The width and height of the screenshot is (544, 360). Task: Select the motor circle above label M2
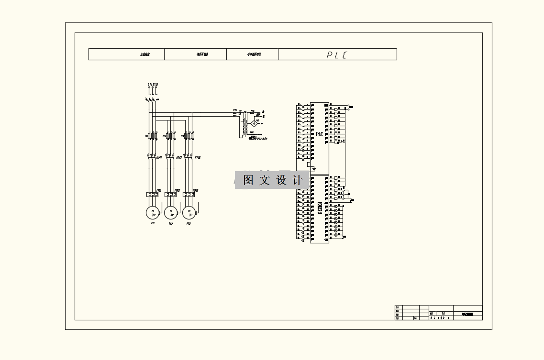pyautogui.click(x=170, y=212)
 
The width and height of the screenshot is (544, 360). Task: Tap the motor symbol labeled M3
pyautogui.click(x=189, y=212)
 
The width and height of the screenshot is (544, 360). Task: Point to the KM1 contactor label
pyautogui.click(x=159, y=157)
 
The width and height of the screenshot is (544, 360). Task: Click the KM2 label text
pyautogui.click(x=178, y=157)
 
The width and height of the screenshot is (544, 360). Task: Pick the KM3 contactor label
pyautogui.click(x=197, y=157)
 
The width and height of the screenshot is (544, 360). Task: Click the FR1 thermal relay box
pyautogui.click(x=152, y=195)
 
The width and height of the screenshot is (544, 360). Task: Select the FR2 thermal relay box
pyautogui.click(x=170, y=195)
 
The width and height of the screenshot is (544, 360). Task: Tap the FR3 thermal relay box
pyautogui.click(x=189, y=195)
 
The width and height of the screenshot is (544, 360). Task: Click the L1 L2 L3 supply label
pyautogui.click(x=153, y=85)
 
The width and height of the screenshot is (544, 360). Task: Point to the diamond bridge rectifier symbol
pyautogui.click(x=255, y=123)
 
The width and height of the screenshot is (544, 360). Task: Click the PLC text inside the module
pyautogui.click(x=320, y=134)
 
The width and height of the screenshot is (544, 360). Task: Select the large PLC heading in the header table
pyautogui.click(x=337, y=55)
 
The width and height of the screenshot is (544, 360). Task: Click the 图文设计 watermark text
pyautogui.click(x=272, y=180)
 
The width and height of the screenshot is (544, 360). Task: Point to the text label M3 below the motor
pyautogui.click(x=189, y=223)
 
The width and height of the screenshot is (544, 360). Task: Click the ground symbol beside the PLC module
pyautogui.click(x=314, y=169)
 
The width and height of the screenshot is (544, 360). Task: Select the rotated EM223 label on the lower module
pyautogui.click(x=320, y=208)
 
